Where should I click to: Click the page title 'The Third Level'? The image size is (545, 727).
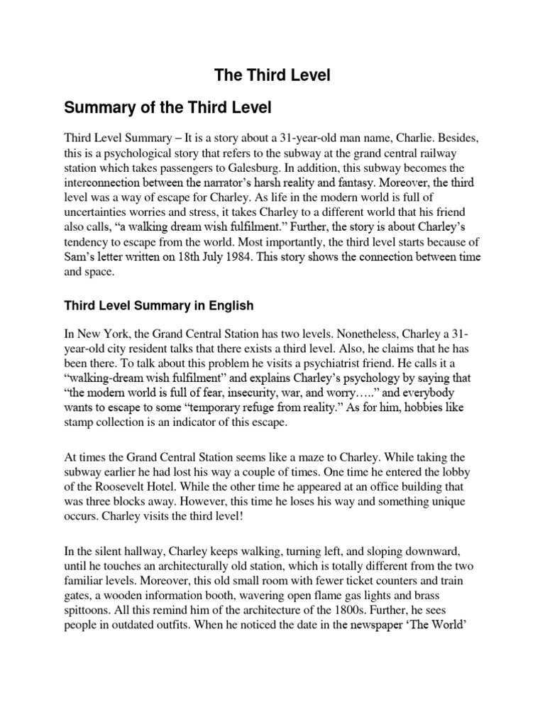[x=272, y=76]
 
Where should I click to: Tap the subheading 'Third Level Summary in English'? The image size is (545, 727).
[x=159, y=306]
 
